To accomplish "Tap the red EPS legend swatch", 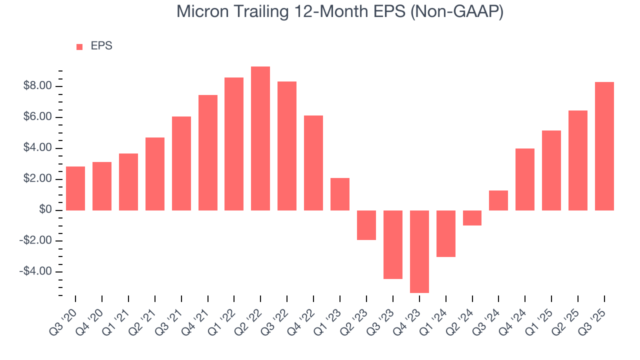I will [x=79, y=46].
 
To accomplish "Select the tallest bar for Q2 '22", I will [x=260, y=138].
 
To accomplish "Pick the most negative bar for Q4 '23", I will [x=419, y=251].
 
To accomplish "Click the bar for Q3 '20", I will [x=75, y=188].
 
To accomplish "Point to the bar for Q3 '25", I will [x=604, y=146].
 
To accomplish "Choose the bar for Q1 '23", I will [x=340, y=194].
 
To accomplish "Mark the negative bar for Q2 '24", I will [x=472, y=218].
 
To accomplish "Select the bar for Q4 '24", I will [x=525, y=179].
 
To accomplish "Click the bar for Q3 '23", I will [x=392, y=244].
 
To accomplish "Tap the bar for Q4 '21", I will [x=207, y=152].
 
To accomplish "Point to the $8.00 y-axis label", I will [x=37, y=86].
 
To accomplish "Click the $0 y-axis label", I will [x=45, y=210].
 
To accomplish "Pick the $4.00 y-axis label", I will [x=37, y=148].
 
